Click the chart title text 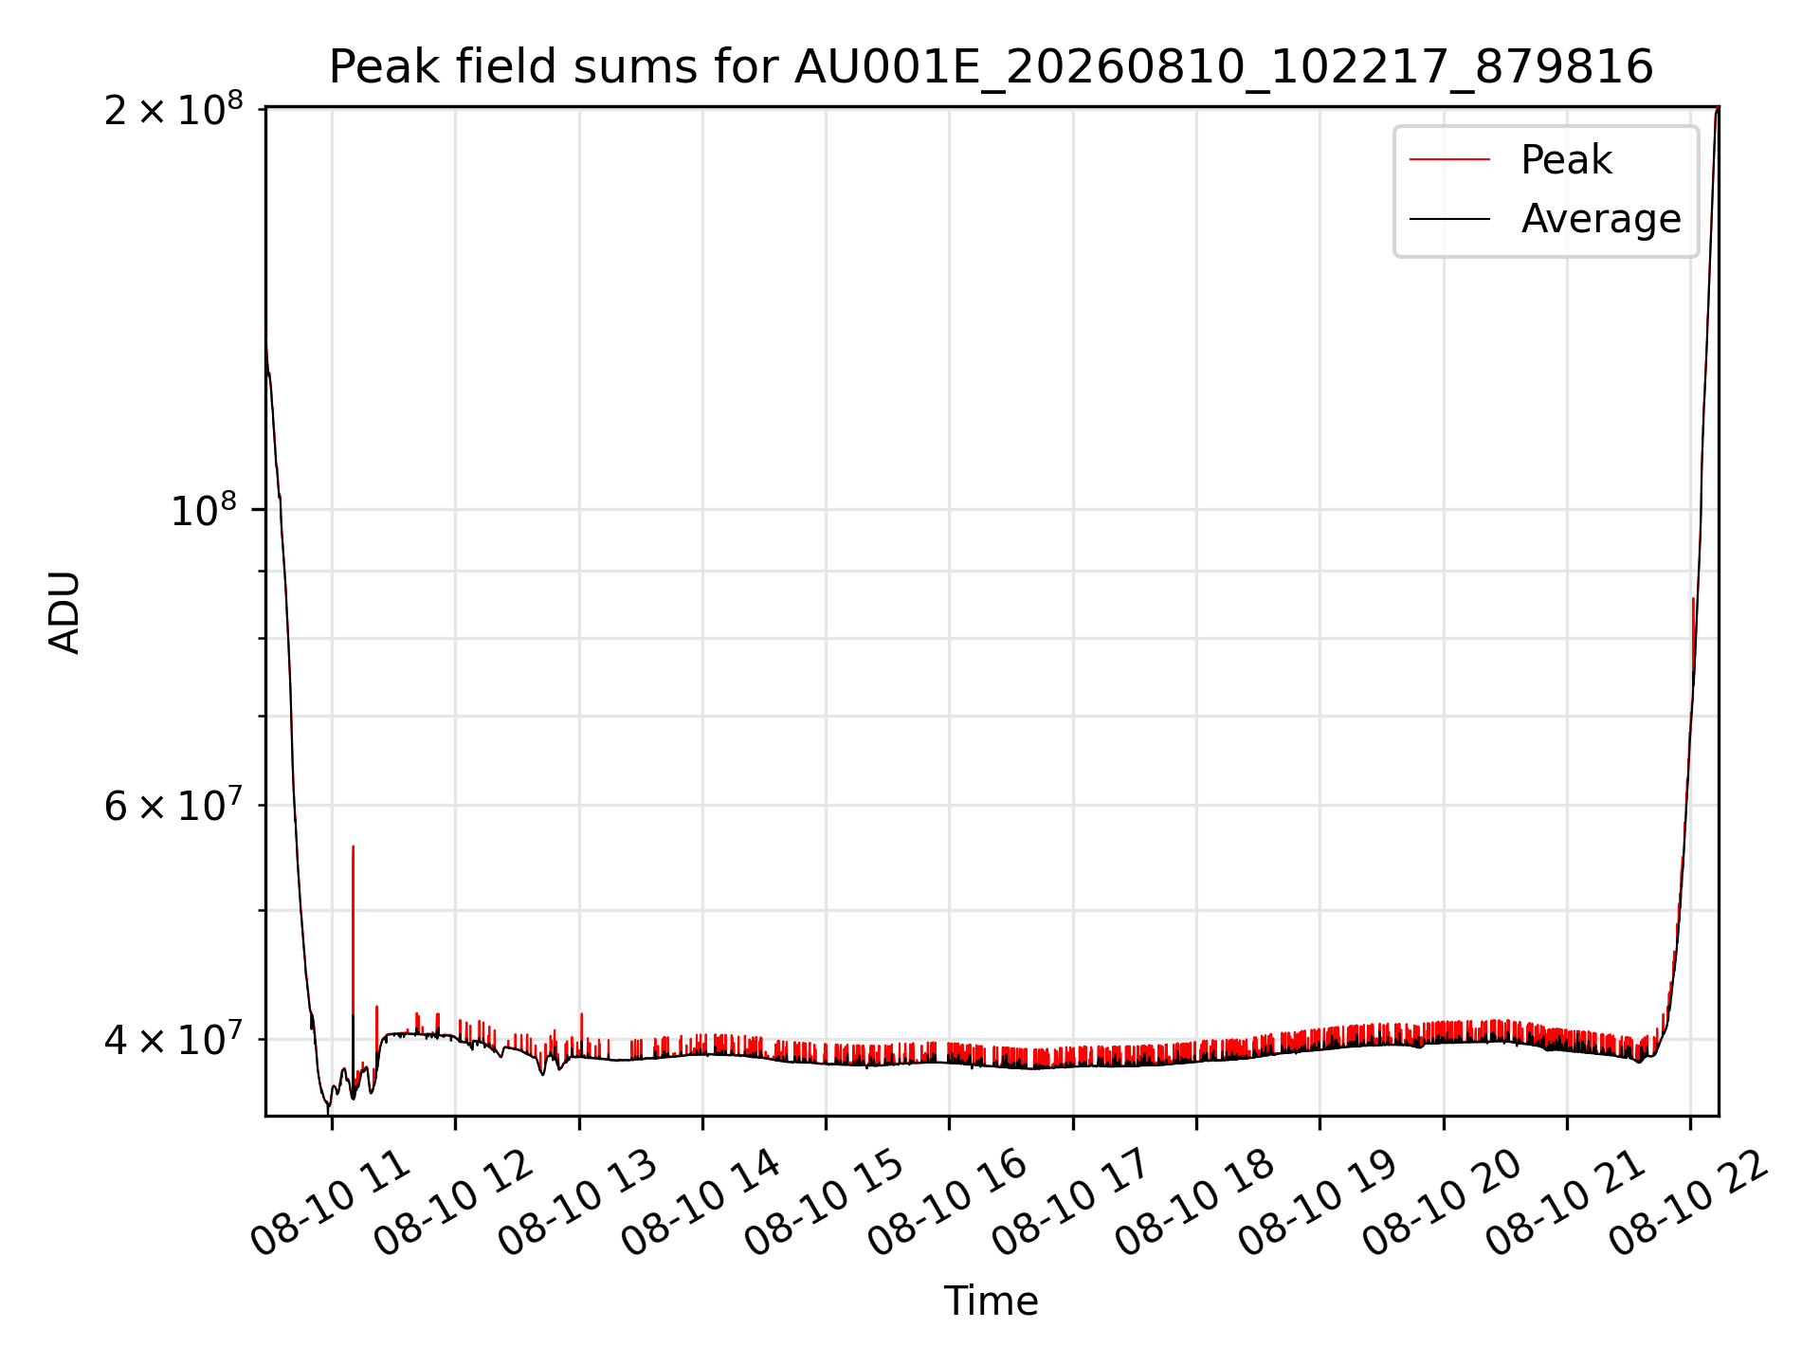coord(991,67)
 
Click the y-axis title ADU coord(64,611)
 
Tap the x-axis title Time coord(991,1301)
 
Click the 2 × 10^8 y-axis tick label coord(173,109)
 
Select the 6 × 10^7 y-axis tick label coord(173,805)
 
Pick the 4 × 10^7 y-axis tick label coord(173,1038)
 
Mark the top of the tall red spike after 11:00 coord(353,846)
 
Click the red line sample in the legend coord(1449,160)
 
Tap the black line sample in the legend coord(1449,219)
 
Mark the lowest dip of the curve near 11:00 coord(328,1109)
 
